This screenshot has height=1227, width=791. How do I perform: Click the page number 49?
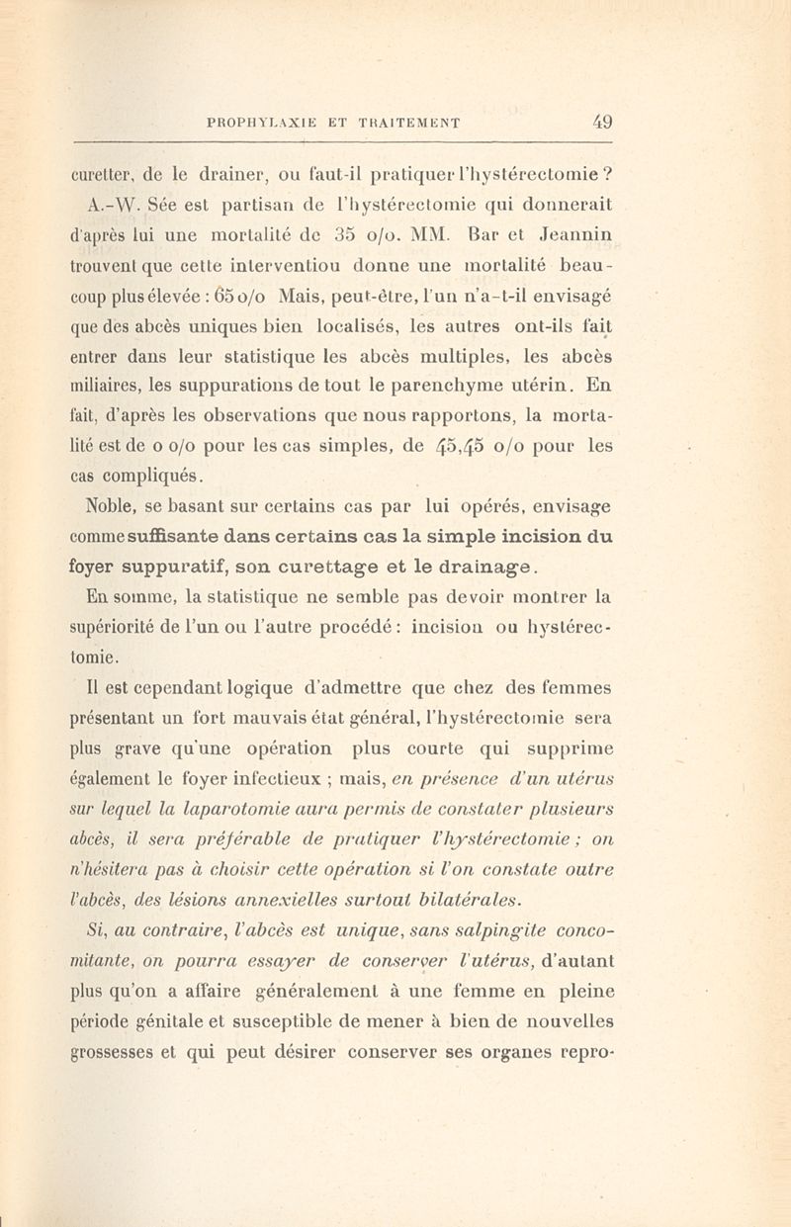pyautogui.click(x=603, y=124)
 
